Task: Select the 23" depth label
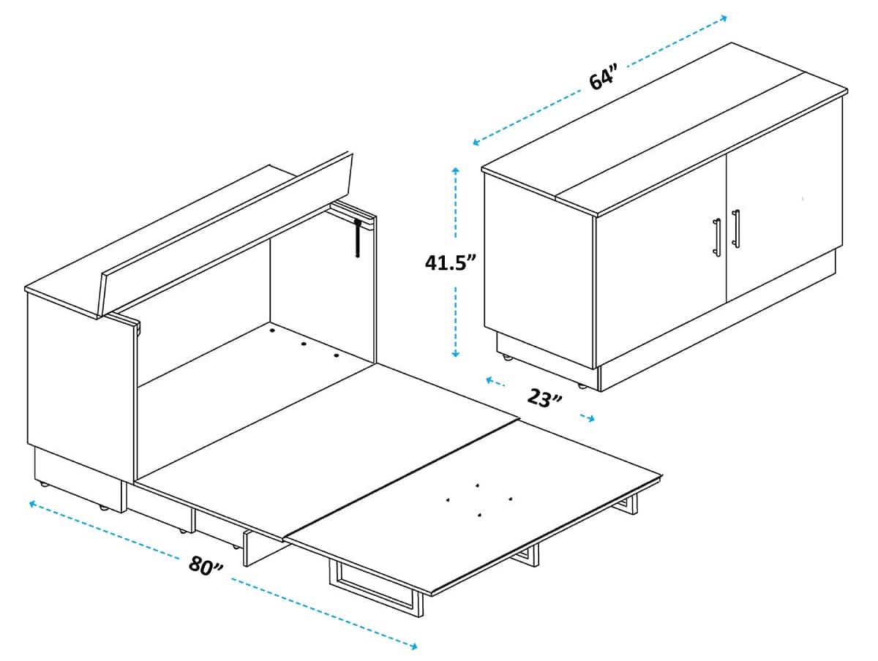click(545, 399)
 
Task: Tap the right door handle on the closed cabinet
click(735, 229)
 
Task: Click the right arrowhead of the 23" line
click(591, 419)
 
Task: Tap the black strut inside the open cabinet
click(358, 238)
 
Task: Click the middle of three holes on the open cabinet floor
click(304, 343)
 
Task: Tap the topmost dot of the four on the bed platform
click(476, 485)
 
